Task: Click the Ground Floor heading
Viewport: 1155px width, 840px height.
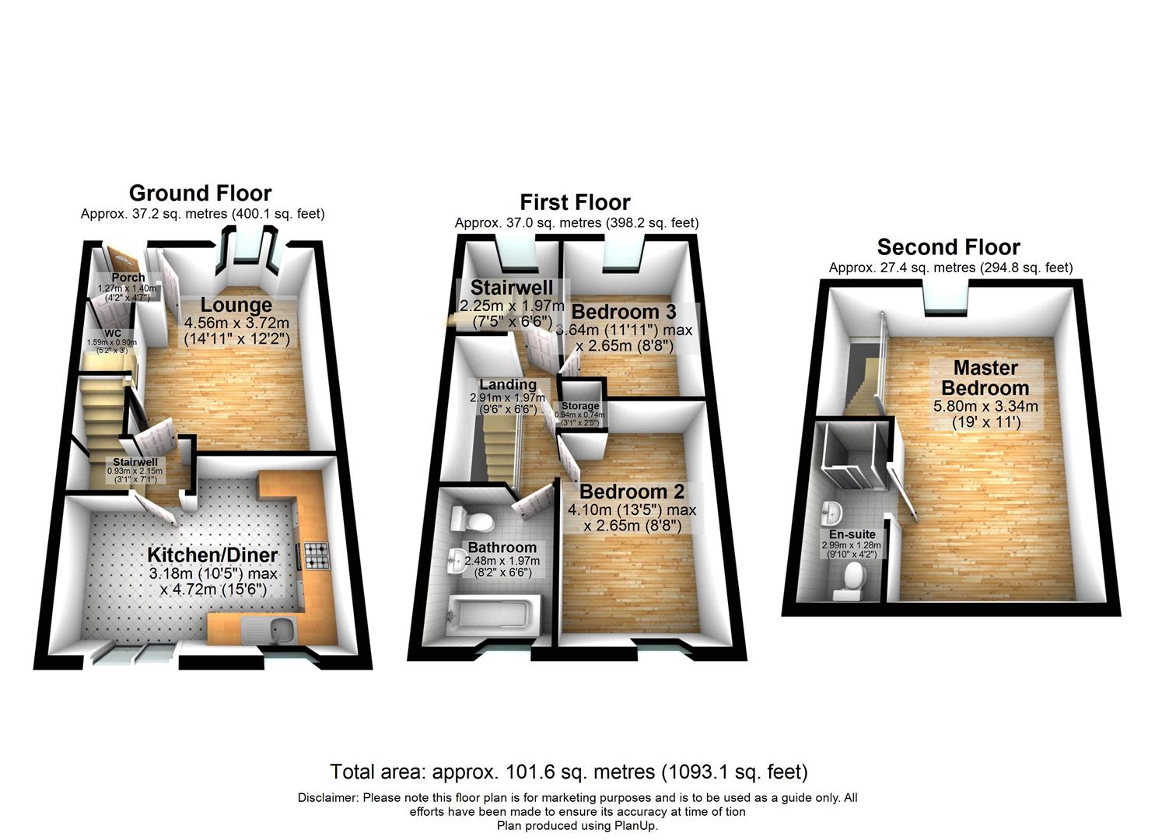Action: (200, 193)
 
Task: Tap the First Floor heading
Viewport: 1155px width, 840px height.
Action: (575, 202)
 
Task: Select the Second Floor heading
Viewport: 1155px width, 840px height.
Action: (948, 247)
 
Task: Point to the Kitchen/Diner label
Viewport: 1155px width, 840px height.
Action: (212, 555)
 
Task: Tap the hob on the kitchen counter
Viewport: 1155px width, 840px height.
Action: (317, 553)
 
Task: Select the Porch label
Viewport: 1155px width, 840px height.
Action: (128, 278)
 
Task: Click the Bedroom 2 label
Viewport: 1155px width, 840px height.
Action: (632, 492)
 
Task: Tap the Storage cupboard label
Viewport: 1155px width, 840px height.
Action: (580, 406)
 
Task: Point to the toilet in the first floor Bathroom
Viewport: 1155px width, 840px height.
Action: (474, 519)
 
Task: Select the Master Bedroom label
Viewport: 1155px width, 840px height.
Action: (985, 377)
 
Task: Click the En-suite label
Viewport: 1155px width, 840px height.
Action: (852, 534)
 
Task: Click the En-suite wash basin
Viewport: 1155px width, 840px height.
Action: (831, 513)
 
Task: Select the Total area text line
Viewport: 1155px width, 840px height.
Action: (569, 772)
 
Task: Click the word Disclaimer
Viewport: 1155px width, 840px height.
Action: (327, 798)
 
